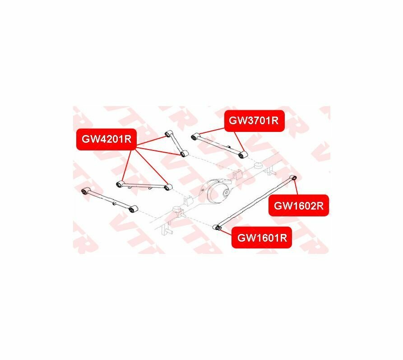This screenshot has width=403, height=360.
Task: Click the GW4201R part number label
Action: coord(106,139)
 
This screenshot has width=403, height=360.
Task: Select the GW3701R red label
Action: coord(255,121)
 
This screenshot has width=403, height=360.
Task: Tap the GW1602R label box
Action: coord(299,206)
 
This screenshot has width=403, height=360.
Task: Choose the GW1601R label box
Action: coord(262,238)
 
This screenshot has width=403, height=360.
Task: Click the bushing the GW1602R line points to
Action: coord(294,178)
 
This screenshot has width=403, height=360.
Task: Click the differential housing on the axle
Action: coord(217,191)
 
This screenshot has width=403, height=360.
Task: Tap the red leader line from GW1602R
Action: coord(296,188)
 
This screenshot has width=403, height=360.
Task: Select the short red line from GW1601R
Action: coord(227,231)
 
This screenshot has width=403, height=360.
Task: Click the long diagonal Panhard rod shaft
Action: coord(256,202)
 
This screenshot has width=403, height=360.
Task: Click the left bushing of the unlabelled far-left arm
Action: coord(85,191)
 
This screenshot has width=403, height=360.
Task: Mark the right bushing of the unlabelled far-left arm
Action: coord(132,210)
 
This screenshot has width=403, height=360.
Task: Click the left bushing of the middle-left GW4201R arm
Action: coord(120,184)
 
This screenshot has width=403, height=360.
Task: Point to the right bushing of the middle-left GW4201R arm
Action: coord(167,187)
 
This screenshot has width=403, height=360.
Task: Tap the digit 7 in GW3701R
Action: coord(254,121)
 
